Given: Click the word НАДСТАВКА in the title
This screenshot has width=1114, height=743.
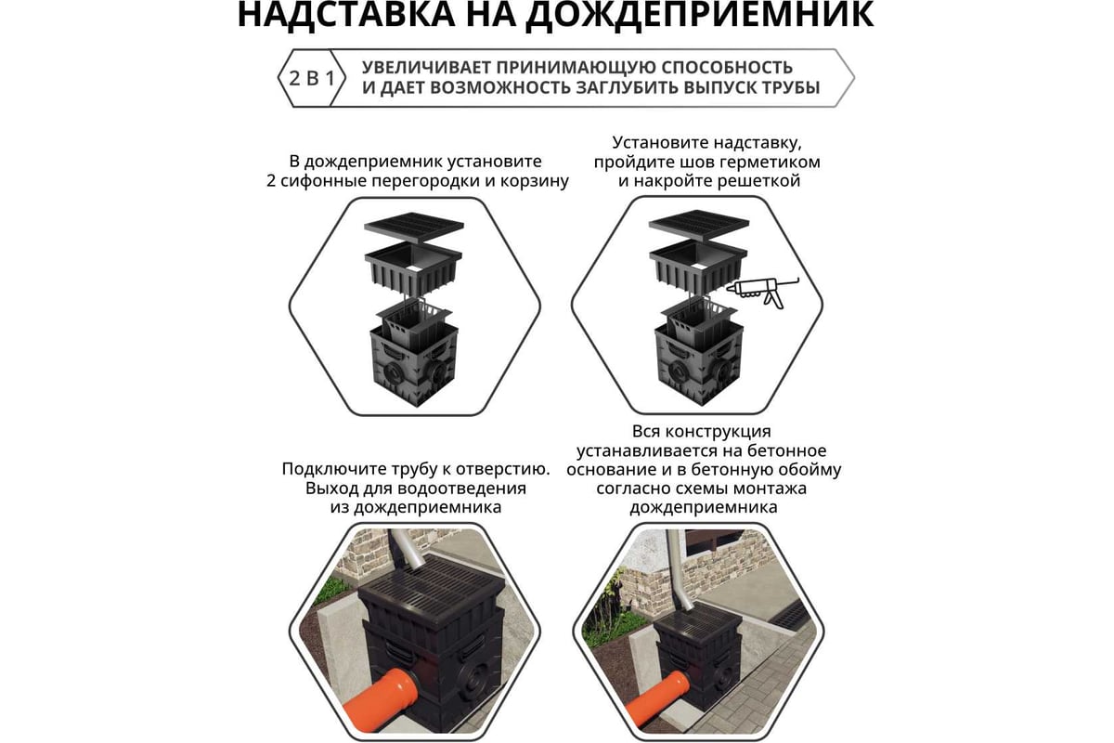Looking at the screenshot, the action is tap(346, 14).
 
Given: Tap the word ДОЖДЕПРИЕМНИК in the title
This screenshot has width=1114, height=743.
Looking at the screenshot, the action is tap(700, 15).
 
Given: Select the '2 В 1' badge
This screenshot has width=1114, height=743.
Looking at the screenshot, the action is tap(311, 78).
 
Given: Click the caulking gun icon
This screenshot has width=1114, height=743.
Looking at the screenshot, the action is tap(762, 293).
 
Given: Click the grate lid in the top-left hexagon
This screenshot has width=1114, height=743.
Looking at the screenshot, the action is tap(414, 228).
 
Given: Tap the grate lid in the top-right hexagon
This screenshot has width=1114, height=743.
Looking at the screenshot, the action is tap(699, 227).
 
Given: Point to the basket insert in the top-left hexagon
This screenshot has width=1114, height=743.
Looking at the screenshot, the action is tap(414, 322).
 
